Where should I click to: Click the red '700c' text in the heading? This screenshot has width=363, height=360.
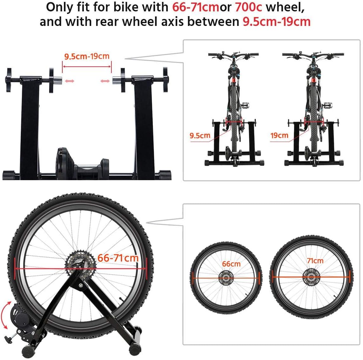point(248,7)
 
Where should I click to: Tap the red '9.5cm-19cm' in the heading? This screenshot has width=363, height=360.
point(276,21)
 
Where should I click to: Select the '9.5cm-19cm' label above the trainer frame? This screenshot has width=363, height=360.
point(87,57)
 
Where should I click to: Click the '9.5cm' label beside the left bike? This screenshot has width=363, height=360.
point(200,136)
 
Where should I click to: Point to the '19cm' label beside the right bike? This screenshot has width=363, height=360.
point(279,136)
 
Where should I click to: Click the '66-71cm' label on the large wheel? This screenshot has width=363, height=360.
point(118,258)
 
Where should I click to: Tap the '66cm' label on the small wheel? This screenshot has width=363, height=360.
point(231,264)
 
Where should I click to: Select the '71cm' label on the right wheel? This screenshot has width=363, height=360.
point(315,260)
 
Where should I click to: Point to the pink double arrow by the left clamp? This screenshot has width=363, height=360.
point(69,81)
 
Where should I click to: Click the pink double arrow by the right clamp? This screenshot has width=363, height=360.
point(105,81)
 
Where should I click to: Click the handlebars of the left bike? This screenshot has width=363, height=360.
point(233,55)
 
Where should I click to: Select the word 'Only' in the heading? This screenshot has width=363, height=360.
point(57,7)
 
